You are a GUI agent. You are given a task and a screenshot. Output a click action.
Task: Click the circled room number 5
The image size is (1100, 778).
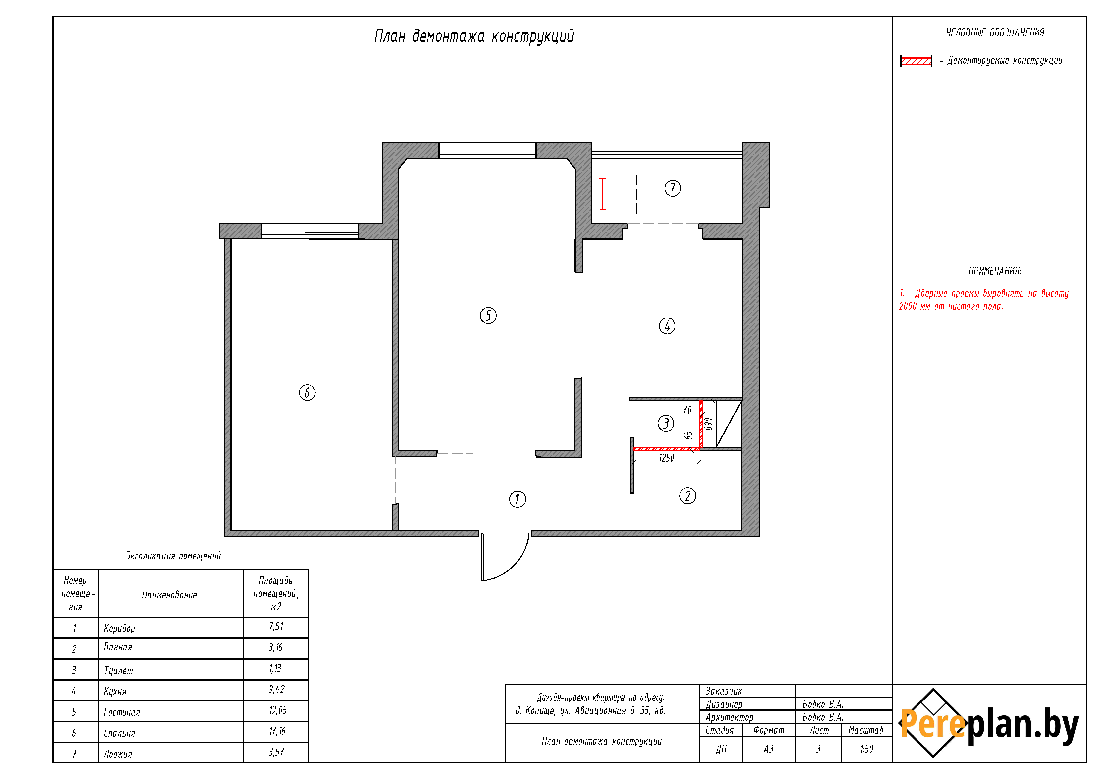tap(488, 315)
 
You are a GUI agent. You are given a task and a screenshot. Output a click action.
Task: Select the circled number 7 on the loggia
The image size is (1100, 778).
tap(672, 188)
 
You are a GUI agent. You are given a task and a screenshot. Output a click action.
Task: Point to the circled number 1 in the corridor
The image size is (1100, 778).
tap(517, 499)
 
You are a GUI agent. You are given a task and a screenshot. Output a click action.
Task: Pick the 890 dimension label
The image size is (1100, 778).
tap(709, 424)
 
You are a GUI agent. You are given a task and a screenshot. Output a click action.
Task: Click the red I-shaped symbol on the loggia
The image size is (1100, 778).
tap(603, 194)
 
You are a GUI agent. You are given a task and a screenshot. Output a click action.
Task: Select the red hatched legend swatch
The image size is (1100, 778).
tap(916, 61)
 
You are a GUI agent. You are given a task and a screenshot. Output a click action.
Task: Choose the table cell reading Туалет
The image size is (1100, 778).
tap(118, 670)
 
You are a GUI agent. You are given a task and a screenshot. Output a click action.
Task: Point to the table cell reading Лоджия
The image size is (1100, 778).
tap(118, 754)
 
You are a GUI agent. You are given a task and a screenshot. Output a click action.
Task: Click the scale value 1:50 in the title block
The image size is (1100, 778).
tap(866, 749)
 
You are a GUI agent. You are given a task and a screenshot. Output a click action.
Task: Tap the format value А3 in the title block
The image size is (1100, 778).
tap(769, 749)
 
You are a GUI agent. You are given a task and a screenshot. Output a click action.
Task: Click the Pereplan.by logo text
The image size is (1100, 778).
tap(989, 724)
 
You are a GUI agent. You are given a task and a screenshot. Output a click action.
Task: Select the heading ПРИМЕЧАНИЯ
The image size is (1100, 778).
tap(995, 271)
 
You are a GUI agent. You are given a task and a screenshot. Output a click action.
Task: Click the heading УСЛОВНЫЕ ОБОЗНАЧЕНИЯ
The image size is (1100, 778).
tap(995, 33)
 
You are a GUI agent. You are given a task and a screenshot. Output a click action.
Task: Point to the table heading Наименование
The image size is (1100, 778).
tap(170, 595)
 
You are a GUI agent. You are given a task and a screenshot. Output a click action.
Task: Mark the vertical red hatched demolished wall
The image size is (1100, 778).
tap(701, 425)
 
